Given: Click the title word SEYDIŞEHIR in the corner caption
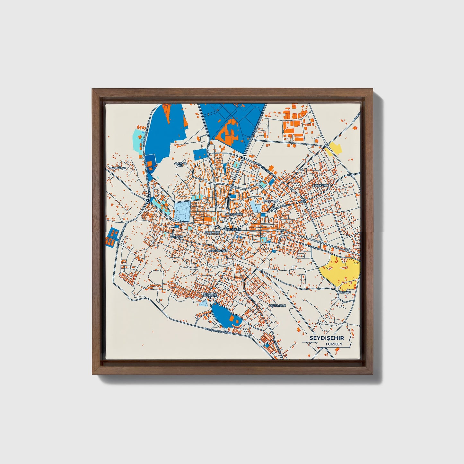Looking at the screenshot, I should click(327, 338).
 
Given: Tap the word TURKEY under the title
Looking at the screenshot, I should click(334, 344).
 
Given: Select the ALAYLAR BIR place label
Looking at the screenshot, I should click(180, 164).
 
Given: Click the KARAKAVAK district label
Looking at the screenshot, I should click(321, 186).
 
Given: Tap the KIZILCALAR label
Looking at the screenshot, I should click(270, 201).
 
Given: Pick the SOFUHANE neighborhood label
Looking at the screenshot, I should click(212, 232).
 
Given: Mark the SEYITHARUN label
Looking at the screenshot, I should click(218, 250).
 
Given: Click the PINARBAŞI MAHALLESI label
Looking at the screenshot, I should click(210, 295).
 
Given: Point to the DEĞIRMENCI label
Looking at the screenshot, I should click(277, 305).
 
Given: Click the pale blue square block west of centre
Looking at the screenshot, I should click(183, 212).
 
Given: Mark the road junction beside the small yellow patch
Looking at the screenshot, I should click(327, 145).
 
